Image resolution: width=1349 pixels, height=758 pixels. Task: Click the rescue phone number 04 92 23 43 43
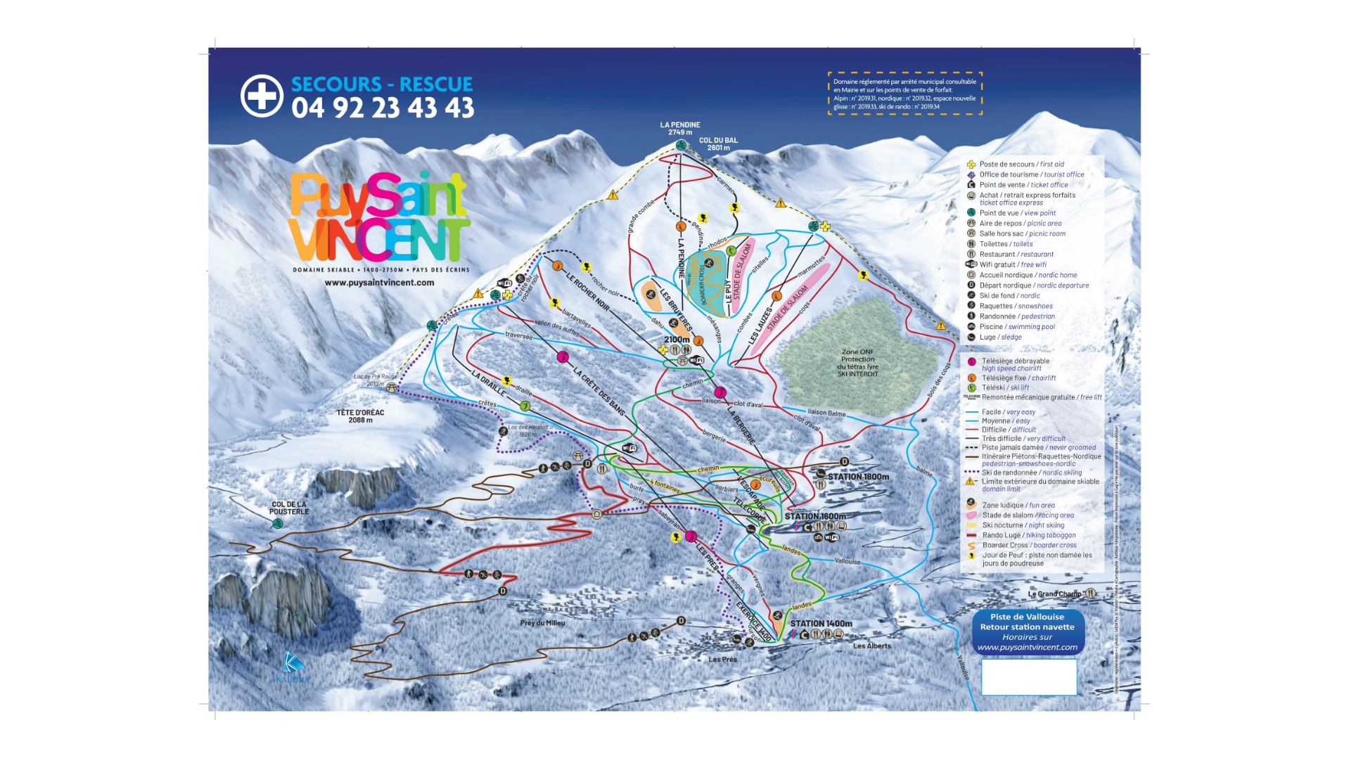pos(383,108)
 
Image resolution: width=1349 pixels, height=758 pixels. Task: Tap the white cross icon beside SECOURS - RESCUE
pos(262,95)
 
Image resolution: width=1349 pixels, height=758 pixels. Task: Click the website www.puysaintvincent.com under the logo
pos(379,283)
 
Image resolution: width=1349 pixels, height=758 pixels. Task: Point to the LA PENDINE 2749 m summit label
pos(679,128)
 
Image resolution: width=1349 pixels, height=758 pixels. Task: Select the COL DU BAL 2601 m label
pos(718,143)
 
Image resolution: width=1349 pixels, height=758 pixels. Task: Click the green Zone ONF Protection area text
pos(857,363)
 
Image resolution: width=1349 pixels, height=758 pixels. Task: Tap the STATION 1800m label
pos(857,477)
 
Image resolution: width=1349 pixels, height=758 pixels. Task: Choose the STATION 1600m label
pos(815,516)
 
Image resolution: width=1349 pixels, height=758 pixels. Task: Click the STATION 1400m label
pos(821,624)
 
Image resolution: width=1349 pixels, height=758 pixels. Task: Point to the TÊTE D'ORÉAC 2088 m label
pos(360,416)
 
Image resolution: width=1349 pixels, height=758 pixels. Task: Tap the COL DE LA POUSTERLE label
pos(288,508)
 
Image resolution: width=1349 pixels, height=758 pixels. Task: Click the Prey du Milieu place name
pos(542,623)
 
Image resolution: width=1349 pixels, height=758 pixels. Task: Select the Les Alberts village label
pos(871,645)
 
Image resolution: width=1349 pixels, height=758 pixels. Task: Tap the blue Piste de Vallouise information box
pos(1027,631)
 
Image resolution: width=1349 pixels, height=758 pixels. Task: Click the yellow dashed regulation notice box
pos(904,94)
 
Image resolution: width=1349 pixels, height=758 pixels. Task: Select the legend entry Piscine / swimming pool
pos(1016,327)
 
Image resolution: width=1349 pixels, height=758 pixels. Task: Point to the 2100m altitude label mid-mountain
pos(677,340)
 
